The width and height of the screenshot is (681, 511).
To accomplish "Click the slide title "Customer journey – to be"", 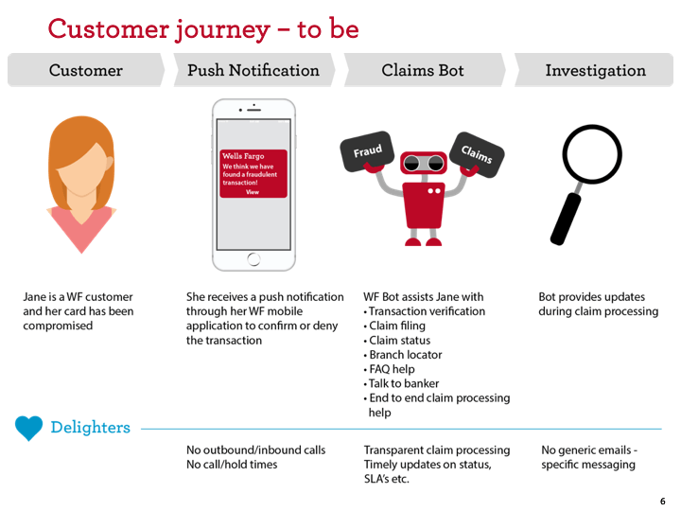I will coord(203,28).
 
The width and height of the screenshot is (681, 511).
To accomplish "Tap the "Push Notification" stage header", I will coord(253,70).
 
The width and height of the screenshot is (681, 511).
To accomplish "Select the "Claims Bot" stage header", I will coord(423,70).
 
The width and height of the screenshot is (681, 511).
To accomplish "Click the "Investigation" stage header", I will coord(595,70).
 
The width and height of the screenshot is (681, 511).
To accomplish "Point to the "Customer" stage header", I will coord(85,70).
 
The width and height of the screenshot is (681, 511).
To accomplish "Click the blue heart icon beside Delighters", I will coord(29,428).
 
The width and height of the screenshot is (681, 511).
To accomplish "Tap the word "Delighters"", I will coord(90,428).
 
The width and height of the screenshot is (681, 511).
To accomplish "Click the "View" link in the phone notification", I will coord(253,192).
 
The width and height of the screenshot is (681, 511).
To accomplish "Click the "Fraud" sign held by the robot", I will coord(367,151).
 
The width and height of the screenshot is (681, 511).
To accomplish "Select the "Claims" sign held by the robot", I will coord(477,151).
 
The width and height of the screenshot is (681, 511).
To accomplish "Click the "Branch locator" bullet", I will coord(405,355).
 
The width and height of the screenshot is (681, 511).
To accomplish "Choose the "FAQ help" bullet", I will coord(392,369).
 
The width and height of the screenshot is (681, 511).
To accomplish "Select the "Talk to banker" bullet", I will coord(404,383).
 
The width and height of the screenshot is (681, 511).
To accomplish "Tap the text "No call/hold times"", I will coord(232,465).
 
